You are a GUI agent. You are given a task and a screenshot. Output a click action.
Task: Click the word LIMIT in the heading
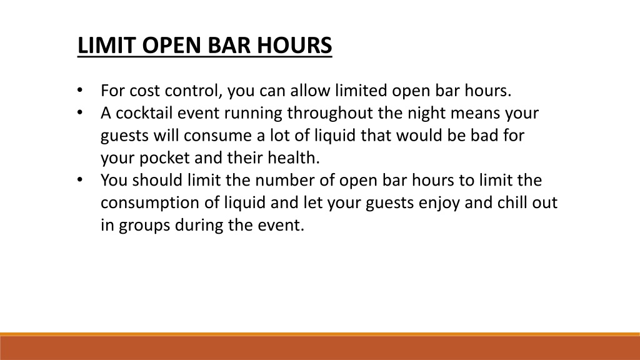click(x=107, y=45)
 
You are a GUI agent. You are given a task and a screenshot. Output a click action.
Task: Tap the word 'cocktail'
click(x=144, y=113)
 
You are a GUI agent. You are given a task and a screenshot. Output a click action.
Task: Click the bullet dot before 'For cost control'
click(x=80, y=90)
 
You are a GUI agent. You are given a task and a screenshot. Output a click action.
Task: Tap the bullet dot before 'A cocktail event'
click(x=80, y=112)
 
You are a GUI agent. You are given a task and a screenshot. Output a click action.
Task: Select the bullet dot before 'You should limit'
click(x=80, y=180)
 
